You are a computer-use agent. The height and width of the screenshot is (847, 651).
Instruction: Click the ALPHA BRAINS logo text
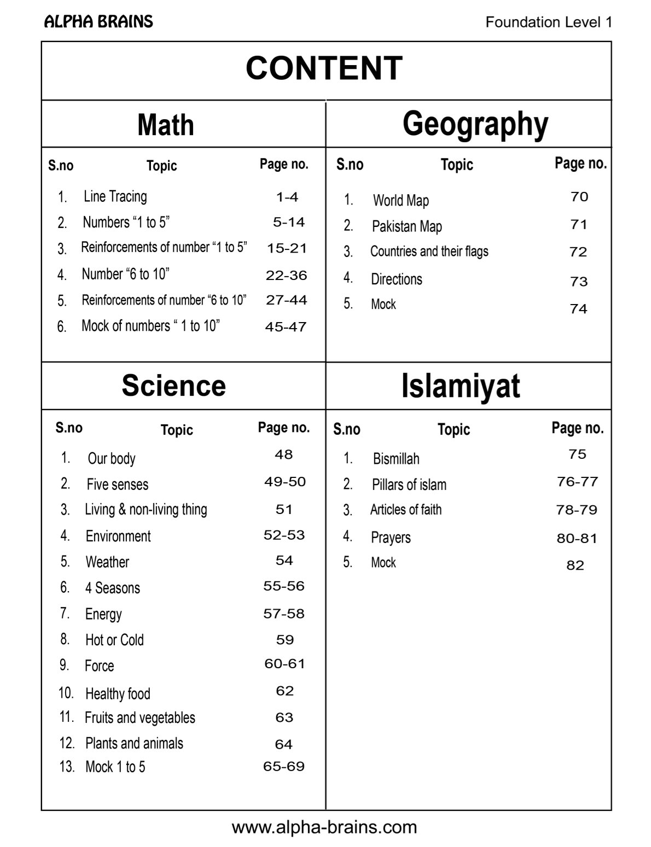point(98,22)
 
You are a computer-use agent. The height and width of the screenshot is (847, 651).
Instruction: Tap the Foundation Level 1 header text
point(548,22)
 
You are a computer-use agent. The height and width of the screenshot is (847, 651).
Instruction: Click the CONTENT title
point(324,68)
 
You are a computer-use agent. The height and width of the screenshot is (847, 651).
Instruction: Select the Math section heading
point(166,125)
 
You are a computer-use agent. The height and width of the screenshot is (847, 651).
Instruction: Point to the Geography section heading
point(475,124)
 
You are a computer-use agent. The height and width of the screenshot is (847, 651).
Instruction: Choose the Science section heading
point(173,385)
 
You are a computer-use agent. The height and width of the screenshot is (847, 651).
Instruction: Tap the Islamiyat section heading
point(461,385)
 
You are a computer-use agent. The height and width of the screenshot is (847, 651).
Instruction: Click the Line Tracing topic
point(115,196)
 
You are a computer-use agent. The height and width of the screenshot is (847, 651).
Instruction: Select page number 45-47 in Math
point(286,327)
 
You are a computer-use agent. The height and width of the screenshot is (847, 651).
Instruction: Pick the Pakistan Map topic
point(407,226)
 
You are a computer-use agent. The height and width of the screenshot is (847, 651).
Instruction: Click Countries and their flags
point(429,252)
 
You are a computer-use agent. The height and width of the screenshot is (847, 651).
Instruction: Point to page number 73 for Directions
point(579,282)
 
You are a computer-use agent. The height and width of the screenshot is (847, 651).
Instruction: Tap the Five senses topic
point(118,484)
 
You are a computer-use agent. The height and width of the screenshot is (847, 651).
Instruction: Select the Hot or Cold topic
point(114,640)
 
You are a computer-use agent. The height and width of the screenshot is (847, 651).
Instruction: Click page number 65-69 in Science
point(284,767)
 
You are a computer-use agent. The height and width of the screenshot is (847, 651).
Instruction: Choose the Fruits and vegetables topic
point(140,718)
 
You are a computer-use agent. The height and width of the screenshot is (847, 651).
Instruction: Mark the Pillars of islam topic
point(409,485)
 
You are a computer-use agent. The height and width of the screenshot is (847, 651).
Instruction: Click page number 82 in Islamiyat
point(576,565)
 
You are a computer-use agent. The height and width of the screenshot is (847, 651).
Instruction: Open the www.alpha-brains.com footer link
point(324,827)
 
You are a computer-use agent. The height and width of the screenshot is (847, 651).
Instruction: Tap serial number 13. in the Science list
point(67,767)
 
